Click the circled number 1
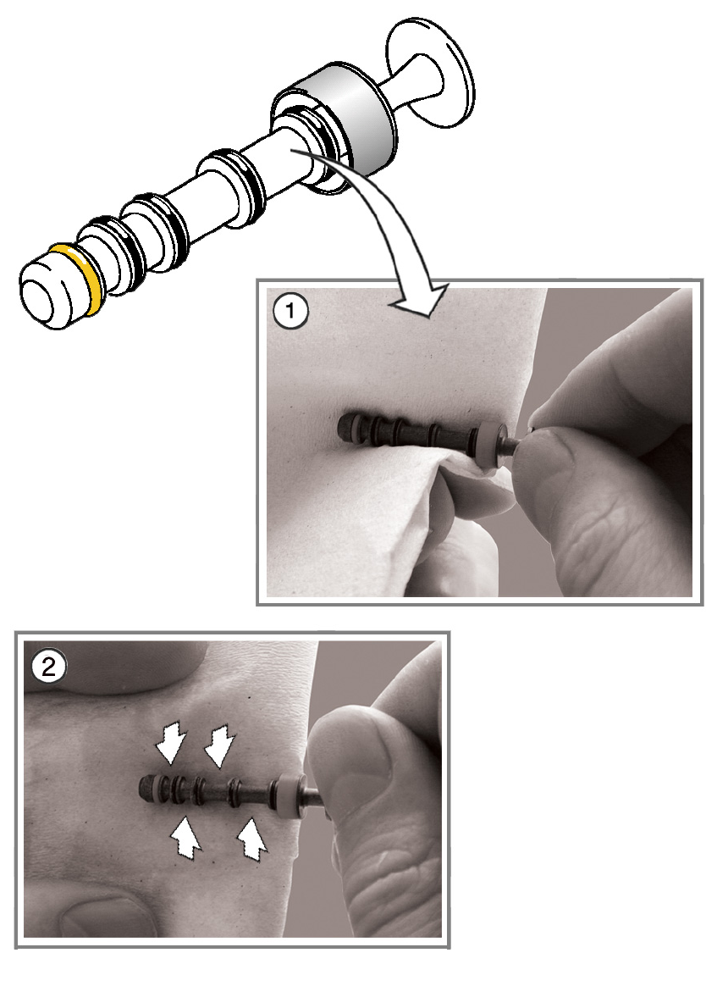click(290, 310)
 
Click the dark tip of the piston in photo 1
click(345, 428)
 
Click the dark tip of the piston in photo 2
click(147, 784)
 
